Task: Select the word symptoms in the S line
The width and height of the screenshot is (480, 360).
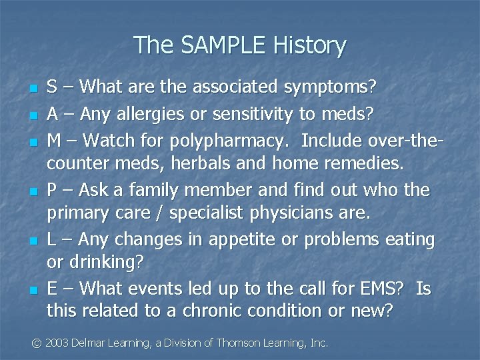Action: click(x=330, y=87)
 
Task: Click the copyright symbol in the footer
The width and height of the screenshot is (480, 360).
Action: click(x=37, y=343)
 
